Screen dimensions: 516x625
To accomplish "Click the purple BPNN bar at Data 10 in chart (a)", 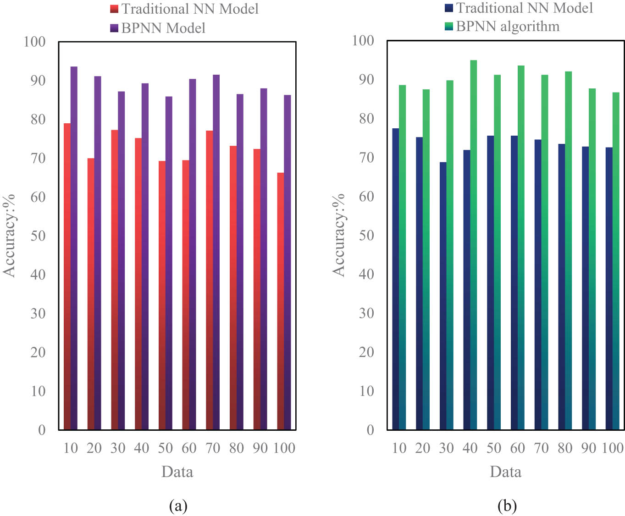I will pyautogui.click(x=74, y=247).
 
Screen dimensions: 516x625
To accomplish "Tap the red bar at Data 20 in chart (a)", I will pyautogui.click(x=91, y=293).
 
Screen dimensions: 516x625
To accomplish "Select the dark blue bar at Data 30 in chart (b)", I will pyautogui.click(x=443, y=296).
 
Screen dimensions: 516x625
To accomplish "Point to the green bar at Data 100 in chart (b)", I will pyautogui.click(x=616, y=261).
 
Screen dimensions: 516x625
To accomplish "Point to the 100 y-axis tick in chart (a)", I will pyautogui.click(x=35, y=42).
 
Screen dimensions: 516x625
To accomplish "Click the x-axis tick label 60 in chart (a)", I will pyautogui.click(x=189, y=448).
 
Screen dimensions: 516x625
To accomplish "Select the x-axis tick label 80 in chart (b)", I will pyautogui.click(x=565, y=448).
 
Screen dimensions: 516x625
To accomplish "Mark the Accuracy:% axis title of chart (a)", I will pyautogui.click(x=10, y=236).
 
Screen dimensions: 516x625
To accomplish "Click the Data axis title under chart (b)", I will pyautogui.click(x=505, y=472).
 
